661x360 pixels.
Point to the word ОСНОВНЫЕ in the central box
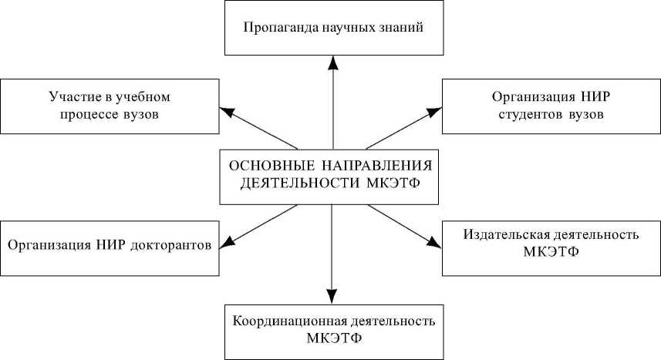(263, 167)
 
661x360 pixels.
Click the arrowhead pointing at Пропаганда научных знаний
(332, 62)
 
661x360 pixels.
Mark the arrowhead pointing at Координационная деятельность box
(332, 297)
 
